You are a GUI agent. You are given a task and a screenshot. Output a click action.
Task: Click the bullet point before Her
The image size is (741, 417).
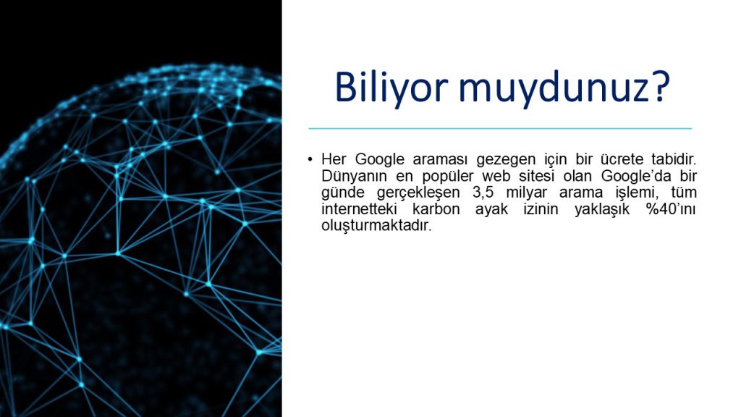pyautogui.click(x=310, y=159)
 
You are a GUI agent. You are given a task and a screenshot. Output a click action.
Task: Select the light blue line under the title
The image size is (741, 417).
pyautogui.click(x=500, y=128)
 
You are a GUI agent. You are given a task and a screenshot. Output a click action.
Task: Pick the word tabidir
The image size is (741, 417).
pyautogui.click(x=672, y=159)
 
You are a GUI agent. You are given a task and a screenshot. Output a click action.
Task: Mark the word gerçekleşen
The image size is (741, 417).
pyautogui.click(x=406, y=192)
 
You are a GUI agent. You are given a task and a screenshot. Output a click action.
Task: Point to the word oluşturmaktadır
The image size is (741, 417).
pyautogui.click(x=376, y=225)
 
